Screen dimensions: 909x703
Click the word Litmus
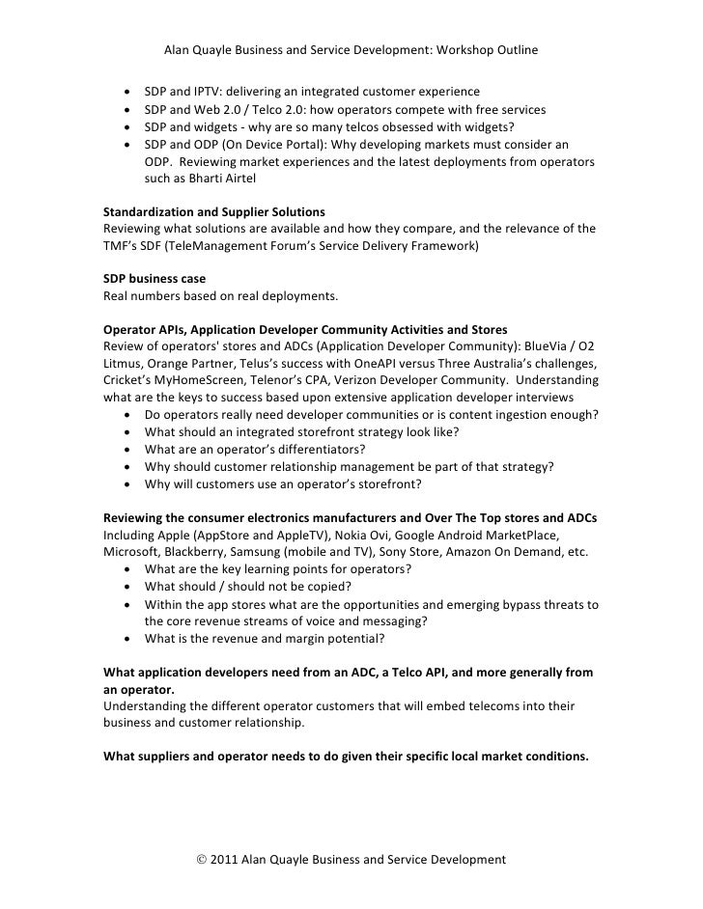tap(126, 364)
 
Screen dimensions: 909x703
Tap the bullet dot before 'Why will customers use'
tap(128, 484)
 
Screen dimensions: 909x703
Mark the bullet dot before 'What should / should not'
tap(128, 588)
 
